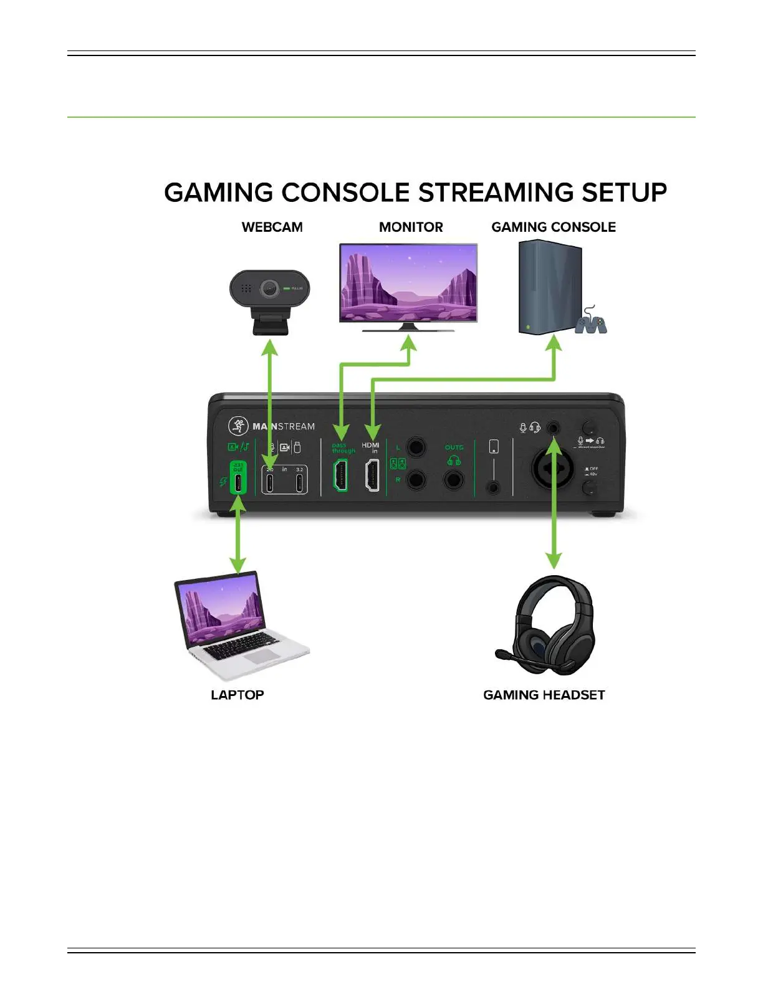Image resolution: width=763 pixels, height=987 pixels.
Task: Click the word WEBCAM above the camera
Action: click(272, 227)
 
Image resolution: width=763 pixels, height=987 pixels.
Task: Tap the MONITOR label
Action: click(411, 227)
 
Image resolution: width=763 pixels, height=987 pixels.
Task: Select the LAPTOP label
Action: click(237, 695)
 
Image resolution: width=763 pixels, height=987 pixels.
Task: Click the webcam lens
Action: click(269, 288)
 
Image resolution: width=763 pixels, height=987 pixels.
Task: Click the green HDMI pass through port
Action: click(341, 475)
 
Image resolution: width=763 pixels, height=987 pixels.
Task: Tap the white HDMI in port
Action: click(372, 475)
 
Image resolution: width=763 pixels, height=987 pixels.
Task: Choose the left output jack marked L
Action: click(416, 447)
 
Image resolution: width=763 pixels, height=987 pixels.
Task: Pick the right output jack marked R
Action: click(416, 480)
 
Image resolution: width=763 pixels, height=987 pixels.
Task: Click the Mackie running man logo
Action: click(238, 426)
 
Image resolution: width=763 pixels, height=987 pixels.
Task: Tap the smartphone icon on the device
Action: click(494, 446)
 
